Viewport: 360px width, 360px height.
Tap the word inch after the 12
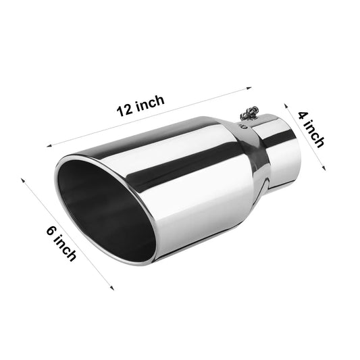149,103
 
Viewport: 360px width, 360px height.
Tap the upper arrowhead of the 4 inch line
285,104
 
